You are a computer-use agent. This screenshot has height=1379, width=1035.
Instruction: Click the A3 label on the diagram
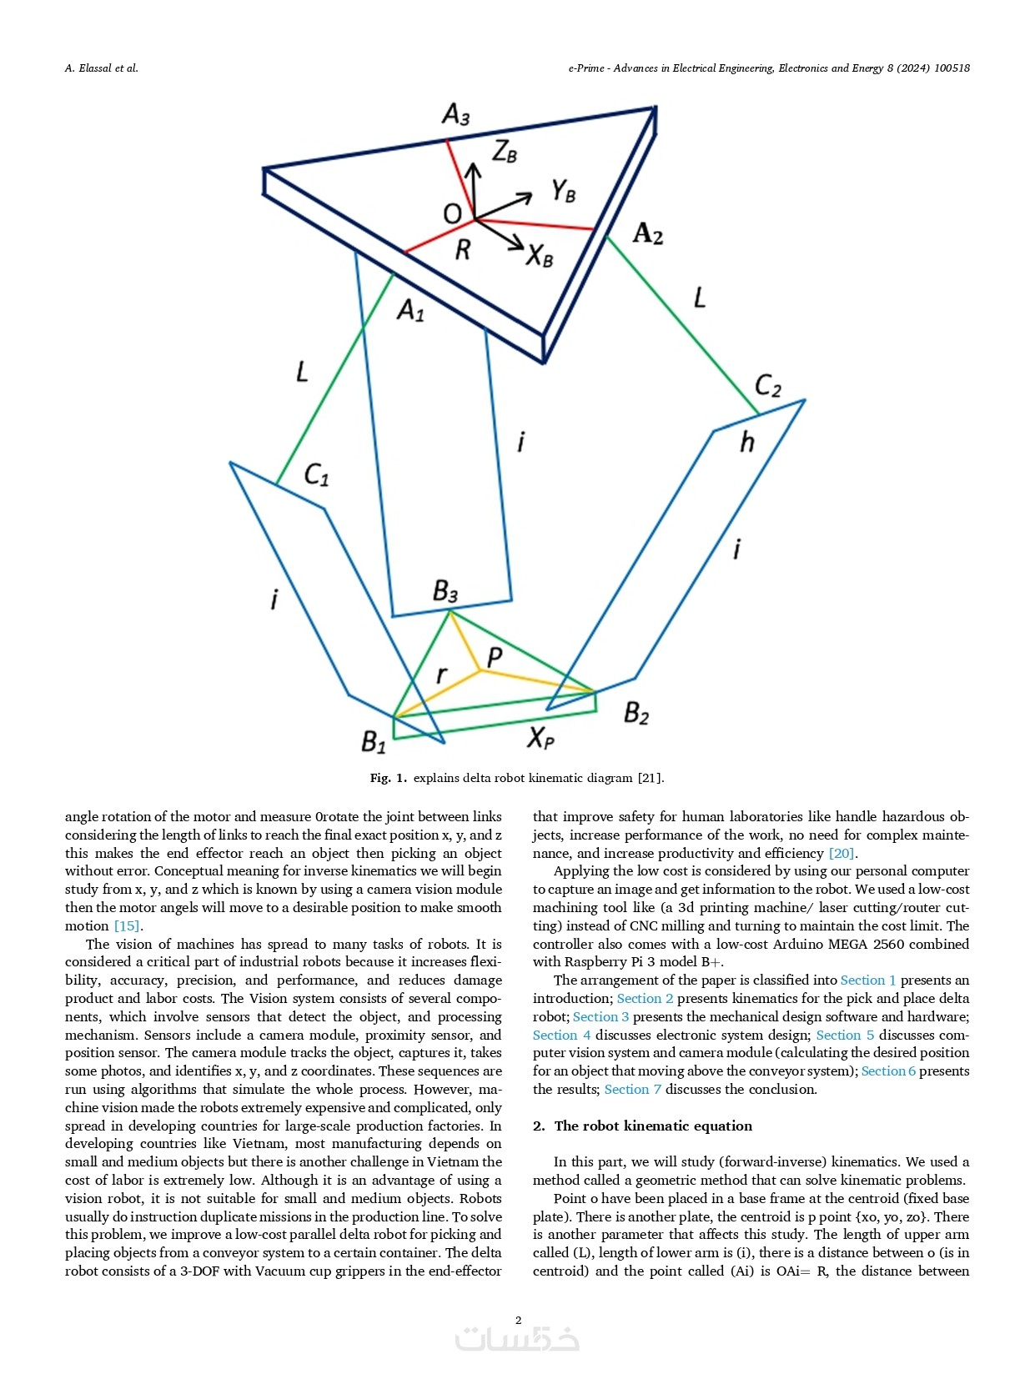click(455, 114)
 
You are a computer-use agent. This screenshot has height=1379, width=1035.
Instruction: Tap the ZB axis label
click(505, 152)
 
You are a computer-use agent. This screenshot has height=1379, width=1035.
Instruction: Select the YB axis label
click(563, 192)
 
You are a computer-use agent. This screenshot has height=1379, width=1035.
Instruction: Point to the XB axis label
click(540, 255)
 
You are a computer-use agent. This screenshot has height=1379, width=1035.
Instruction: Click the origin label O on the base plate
click(452, 214)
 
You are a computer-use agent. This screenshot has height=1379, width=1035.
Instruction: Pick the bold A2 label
click(648, 234)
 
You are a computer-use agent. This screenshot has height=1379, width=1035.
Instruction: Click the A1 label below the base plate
click(410, 311)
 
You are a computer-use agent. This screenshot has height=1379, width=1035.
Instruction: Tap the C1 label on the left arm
click(316, 475)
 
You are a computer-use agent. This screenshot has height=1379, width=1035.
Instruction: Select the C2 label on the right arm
click(767, 386)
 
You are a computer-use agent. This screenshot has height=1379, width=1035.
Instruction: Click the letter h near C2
click(746, 442)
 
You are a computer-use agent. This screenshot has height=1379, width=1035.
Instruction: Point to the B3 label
click(445, 592)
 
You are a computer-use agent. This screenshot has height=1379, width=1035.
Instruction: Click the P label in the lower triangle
click(495, 658)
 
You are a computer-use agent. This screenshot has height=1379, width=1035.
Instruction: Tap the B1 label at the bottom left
click(374, 741)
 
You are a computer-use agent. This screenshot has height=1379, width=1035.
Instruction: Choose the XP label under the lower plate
click(540, 737)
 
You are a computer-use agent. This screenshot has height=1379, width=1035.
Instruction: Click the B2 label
click(636, 713)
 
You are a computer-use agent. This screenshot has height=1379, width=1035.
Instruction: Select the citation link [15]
click(127, 925)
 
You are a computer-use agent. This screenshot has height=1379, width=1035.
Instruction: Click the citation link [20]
click(842, 853)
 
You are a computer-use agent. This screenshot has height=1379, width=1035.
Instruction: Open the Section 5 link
click(845, 1035)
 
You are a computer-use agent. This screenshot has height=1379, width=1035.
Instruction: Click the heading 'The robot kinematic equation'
click(653, 1126)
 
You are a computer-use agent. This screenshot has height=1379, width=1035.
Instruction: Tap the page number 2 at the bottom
click(518, 1320)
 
